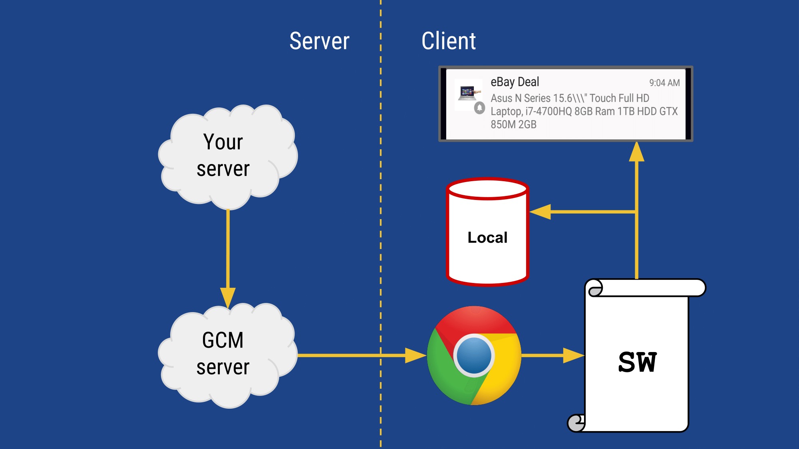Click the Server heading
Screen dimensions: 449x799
[x=319, y=41]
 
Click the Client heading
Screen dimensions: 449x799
[x=449, y=41]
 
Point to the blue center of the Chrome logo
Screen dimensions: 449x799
[x=474, y=355]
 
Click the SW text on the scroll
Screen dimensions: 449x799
[x=637, y=362]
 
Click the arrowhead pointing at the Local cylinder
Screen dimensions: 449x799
[x=540, y=212]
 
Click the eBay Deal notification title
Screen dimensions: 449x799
[x=515, y=82]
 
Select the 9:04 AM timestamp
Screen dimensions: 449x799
[x=664, y=83]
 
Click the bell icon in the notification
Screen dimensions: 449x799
[x=479, y=108]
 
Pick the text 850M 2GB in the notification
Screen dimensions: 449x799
[x=513, y=125]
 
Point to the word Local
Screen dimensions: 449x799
[x=487, y=237]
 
